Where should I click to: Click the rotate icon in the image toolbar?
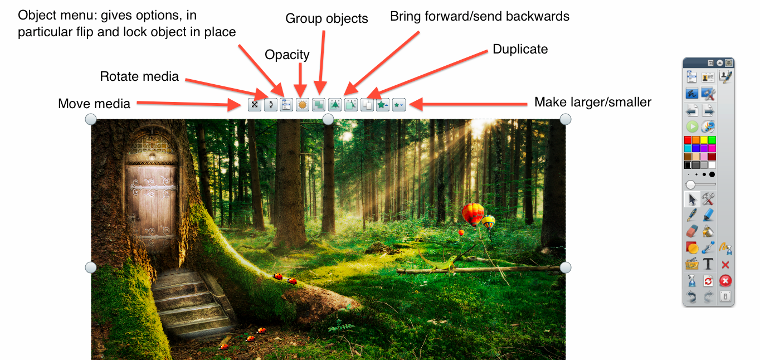[270, 105]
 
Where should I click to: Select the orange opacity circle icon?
[302, 105]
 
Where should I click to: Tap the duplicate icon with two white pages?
[367, 105]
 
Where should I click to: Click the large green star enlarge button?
[383, 105]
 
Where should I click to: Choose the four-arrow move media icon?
[255, 105]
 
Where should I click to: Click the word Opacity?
[287, 55]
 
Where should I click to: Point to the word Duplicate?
[520, 49]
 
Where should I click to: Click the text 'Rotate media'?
[139, 76]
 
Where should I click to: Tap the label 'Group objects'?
[327, 18]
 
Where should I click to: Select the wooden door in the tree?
[152, 203]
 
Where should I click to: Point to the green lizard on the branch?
[441, 262]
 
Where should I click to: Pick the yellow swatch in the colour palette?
[704, 140]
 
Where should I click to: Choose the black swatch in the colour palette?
[688, 166]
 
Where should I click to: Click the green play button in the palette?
[692, 127]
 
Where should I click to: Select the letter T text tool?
[708, 264]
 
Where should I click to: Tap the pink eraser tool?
[692, 231]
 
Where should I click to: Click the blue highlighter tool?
[708, 215]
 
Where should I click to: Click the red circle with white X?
[725, 281]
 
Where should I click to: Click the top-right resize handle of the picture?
[565, 119]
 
